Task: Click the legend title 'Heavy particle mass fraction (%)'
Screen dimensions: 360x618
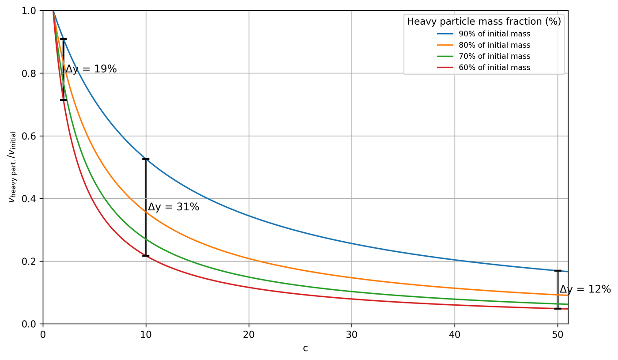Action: (x=484, y=22)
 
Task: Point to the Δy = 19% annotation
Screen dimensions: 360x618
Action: (x=91, y=69)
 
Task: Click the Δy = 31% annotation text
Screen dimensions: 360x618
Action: (x=173, y=207)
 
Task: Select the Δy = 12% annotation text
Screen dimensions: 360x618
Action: (x=585, y=289)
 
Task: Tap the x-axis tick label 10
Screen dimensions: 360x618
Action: (x=146, y=335)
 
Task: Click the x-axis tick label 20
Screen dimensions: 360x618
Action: (x=249, y=335)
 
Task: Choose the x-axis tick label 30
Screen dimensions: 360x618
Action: (x=352, y=335)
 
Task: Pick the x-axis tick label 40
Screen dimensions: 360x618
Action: (x=455, y=335)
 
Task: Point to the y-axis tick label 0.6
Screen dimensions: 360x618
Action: (x=29, y=136)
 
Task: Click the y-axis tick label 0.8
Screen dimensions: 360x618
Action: (x=29, y=73)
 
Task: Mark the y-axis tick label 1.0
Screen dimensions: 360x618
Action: (x=29, y=11)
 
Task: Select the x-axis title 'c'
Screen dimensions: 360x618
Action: (x=305, y=349)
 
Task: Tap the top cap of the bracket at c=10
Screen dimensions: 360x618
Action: (x=146, y=159)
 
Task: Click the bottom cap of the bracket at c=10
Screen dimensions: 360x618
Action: (x=146, y=256)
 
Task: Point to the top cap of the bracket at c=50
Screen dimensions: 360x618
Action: (x=558, y=271)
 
